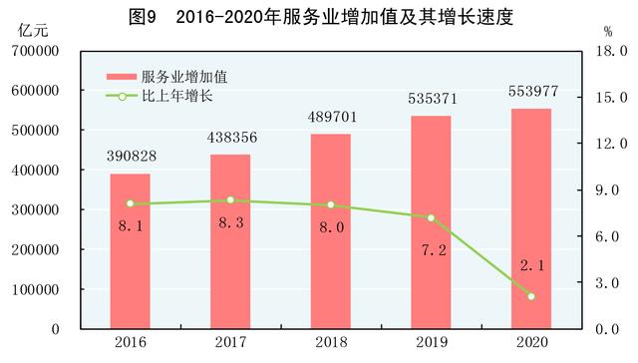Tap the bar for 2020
[x=531, y=218]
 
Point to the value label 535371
[x=431, y=101]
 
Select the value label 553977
[x=531, y=94]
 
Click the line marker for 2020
[x=531, y=296]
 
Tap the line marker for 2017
[x=230, y=200]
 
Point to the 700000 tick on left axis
[x=35, y=51]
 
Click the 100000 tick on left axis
[x=35, y=290]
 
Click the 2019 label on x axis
[x=431, y=343]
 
